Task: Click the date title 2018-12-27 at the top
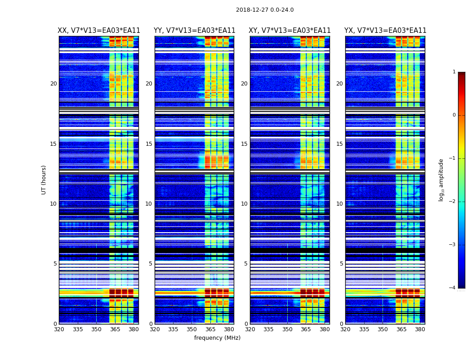pos(264,10)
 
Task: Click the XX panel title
pos(99,31)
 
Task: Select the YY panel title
pos(194,31)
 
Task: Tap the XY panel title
pos(289,31)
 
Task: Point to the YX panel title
pos(385,31)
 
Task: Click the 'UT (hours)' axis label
pos(44,180)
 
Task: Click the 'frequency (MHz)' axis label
pos(217,338)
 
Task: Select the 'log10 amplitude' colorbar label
pos(441,180)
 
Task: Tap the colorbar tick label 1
pos(454,72)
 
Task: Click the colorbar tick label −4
pos(453,288)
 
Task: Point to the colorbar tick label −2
pos(453,202)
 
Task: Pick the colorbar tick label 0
pos(454,115)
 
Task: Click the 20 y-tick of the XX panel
pos(53,84)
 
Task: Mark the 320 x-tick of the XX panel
pos(59,329)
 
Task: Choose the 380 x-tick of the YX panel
pos(420,329)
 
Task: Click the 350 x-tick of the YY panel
pos(192,329)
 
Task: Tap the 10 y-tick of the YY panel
pos(149,204)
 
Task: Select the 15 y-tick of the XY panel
pos(244,144)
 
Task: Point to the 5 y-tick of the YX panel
pos(341,264)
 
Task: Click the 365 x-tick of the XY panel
pos(306,329)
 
